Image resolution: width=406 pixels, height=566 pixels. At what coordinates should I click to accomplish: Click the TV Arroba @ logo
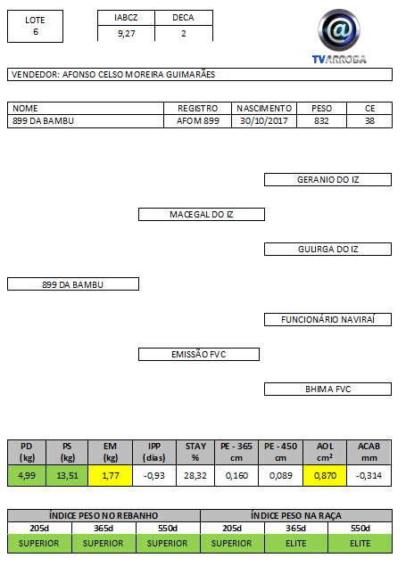click(x=339, y=36)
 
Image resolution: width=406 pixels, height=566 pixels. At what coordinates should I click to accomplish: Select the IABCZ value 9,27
click(x=126, y=34)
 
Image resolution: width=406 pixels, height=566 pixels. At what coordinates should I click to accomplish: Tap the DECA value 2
click(x=184, y=34)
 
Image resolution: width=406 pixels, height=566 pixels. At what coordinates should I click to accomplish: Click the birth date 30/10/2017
click(x=264, y=121)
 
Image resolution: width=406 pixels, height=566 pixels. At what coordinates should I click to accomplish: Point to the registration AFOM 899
click(x=197, y=121)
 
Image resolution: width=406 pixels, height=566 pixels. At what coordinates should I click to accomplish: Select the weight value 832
click(x=321, y=121)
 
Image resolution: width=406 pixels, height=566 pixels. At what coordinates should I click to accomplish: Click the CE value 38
click(x=369, y=121)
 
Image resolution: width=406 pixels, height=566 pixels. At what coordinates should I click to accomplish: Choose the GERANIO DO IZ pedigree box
click(x=327, y=180)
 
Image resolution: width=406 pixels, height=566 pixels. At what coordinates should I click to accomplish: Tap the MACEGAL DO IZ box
click(x=202, y=215)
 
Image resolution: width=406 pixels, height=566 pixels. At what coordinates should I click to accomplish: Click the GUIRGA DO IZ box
click(x=327, y=249)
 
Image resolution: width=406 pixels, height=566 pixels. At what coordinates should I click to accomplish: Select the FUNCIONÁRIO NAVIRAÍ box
click(x=327, y=319)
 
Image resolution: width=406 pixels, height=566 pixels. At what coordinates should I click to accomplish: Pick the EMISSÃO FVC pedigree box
click(x=199, y=354)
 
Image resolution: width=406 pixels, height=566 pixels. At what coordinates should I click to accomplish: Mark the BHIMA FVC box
click(x=327, y=390)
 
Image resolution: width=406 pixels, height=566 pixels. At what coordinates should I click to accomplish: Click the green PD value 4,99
click(x=27, y=475)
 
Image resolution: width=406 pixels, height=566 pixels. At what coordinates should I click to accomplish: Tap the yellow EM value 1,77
click(x=110, y=475)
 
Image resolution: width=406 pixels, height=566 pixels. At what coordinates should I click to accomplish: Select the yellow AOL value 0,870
click(x=325, y=475)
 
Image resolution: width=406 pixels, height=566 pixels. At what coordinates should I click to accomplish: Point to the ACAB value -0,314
click(x=369, y=475)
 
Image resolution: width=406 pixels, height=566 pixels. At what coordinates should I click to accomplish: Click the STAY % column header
click(x=195, y=452)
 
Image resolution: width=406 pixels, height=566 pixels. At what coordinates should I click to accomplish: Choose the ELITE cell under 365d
click(x=296, y=543)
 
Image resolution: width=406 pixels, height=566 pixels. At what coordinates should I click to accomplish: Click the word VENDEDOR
click(x=35, y=75)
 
